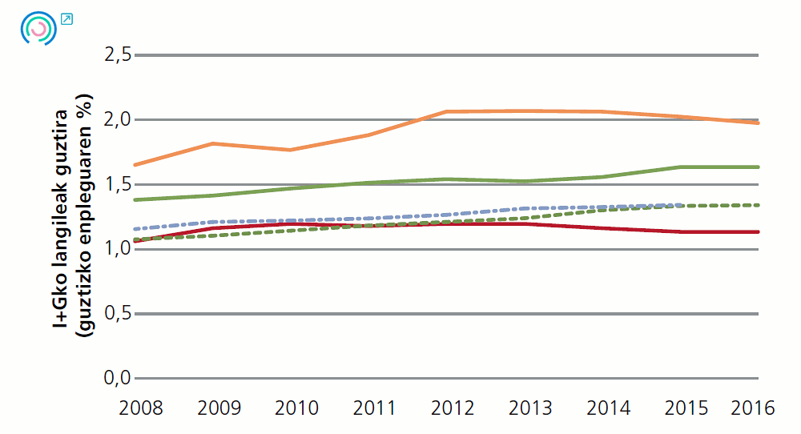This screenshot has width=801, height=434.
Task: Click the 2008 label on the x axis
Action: coord(141,408)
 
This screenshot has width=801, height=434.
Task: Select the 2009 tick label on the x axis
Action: coord(219,408)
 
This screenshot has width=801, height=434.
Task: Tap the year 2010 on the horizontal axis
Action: coord(296,408)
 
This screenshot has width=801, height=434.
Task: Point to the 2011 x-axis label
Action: coord(374,408)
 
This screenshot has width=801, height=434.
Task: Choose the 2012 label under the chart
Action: coord(453,408)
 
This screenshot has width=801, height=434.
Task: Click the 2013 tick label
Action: coord(530,408)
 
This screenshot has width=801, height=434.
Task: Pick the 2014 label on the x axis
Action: coord(608,408)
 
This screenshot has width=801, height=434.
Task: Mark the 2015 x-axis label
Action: coord(686,408)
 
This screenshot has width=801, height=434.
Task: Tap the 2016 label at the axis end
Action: coord(753,408)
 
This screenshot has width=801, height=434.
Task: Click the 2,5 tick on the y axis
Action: coord(117,55)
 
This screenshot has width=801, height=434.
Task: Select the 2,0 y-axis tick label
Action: coord(117,120)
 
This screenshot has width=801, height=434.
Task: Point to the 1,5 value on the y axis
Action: coord(117,185)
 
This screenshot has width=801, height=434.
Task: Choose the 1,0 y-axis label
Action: coord(117,249)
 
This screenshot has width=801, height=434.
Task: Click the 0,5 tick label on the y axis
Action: coord(117,314)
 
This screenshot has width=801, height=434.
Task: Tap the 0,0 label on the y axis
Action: coord(117,378)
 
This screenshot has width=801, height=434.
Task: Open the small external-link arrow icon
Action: coord(66,18)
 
